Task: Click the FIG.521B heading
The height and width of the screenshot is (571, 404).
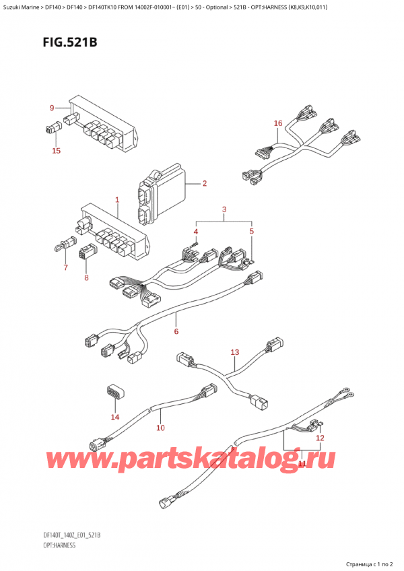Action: click(x=55, y=42)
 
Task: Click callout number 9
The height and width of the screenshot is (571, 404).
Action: click(x=51, y=108)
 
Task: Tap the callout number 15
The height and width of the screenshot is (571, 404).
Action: click(x=57, y=151)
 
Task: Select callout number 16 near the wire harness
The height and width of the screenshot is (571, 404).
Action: click(x=277, y=123)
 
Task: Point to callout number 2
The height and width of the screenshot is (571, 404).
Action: click(x=203, y=183)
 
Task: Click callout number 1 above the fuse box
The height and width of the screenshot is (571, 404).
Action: click(x=116, y=200)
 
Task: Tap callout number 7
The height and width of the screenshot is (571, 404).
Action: click(x=65, y=269)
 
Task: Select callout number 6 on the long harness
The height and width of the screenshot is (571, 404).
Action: click(x=176, y=331)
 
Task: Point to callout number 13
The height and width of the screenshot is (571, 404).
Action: click(x=234, y=352)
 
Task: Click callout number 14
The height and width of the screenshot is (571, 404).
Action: click(x=114, y=417)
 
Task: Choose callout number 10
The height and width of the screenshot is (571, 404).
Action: click(x=160, y=428)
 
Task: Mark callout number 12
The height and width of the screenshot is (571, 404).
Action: click(x=320, y=438)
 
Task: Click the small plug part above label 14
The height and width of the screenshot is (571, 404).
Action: click(x=112, y=393)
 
